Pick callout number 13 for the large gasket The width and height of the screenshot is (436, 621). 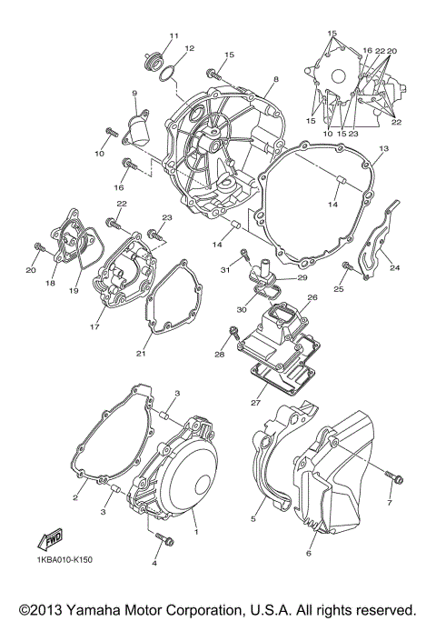[x=383, y=147]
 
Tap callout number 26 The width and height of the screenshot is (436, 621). [x=312, y=297]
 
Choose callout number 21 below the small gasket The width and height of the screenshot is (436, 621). [x=141, y=353]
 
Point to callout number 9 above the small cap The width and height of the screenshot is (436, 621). [x=134, y=93]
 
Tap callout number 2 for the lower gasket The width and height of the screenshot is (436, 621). [x=77, y=498]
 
